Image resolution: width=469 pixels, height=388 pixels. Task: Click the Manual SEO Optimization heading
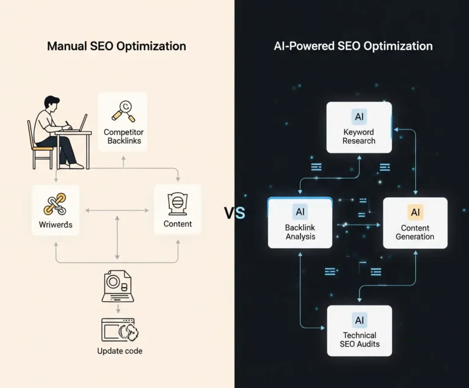point(116,46)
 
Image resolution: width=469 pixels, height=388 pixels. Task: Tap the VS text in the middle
point(234,213)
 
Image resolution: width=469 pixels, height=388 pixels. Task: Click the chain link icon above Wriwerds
point(55,203)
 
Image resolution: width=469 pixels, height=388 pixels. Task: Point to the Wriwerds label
point(56,224)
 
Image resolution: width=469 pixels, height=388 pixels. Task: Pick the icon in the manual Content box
point(178,202)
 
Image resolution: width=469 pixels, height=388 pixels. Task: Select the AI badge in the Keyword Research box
point(359,115)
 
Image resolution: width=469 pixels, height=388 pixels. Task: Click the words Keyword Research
point(359,136)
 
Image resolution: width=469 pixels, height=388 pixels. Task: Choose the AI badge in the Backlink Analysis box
point(300,212)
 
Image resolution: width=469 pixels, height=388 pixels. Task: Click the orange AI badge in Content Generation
point(415,212)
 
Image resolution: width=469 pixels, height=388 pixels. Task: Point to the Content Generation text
point(415,232)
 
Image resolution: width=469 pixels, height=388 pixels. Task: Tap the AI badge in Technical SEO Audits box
point(359,320)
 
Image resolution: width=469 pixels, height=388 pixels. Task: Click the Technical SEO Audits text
point(359,339)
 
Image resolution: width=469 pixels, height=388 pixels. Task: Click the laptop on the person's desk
point(80,123)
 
